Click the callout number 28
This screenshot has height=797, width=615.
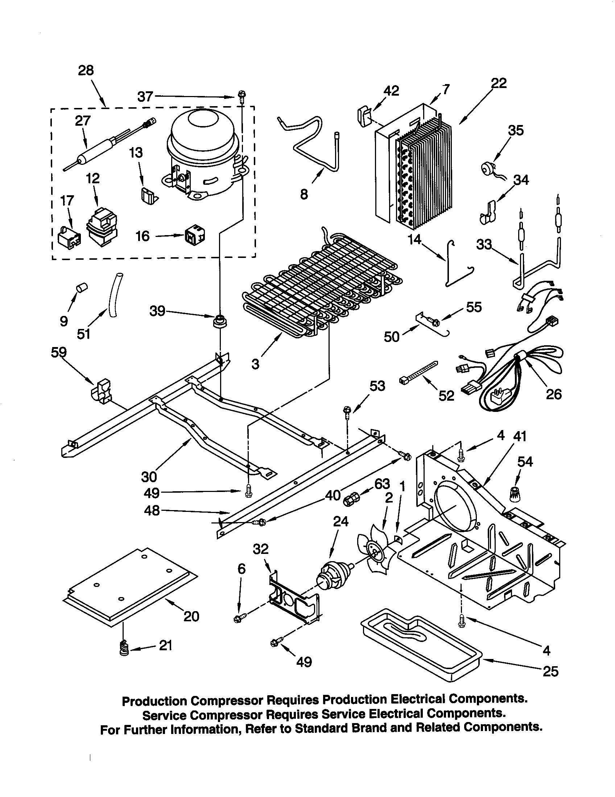pyautogui.click(x=86, y=70)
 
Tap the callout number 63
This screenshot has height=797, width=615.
pyautogui.click(x=382, y=484)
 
